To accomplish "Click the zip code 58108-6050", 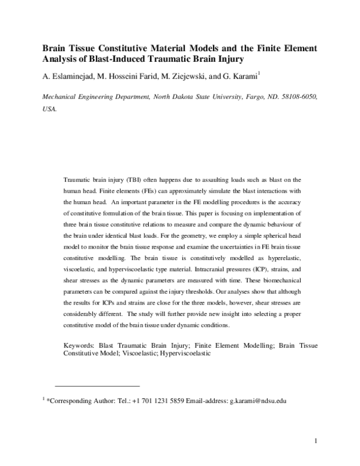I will tap(301, 97).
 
